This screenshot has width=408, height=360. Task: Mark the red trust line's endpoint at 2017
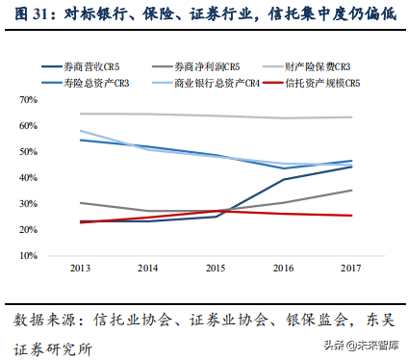pyautogui.click(x=350, y=216)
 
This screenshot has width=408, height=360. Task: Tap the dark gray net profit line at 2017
pyautogui.click(x=350, y=190)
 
